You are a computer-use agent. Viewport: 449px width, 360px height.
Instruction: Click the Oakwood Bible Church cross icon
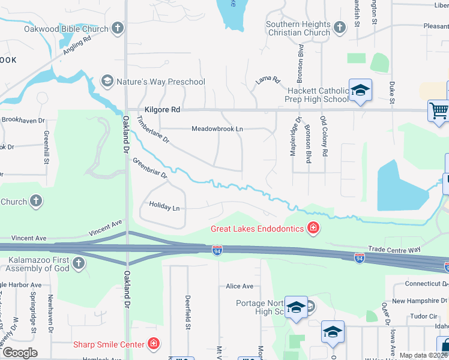pos(117,28)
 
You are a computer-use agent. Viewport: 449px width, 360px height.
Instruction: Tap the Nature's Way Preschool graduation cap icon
pos(107,81)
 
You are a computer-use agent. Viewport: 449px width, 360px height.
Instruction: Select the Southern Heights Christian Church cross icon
pos(340,28)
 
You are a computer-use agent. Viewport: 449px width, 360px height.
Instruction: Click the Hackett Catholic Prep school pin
pos(360,91)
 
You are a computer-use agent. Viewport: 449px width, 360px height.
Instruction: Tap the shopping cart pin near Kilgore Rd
pos(439,111)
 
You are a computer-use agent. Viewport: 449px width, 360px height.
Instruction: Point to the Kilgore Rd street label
pos(163,110)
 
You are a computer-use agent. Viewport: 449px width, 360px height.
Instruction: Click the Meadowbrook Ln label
pos(217,128)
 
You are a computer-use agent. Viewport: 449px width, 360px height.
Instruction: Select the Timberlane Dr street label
pos(154,131)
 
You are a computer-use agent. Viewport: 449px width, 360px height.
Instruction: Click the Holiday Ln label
pos(164,208)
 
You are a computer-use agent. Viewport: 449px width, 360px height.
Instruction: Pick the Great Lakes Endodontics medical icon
pos(312,227)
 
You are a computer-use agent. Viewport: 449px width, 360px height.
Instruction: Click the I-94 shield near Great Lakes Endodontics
pos(217,249)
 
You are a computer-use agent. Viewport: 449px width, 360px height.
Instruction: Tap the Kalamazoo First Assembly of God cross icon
pos(78,263)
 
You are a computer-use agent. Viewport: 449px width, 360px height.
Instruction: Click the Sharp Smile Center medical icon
pos(154,344)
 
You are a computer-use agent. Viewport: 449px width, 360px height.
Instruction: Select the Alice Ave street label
pos(240,286)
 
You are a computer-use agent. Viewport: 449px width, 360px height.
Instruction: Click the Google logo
pos(20,353)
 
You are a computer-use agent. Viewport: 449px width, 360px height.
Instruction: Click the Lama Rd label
pos(268,79)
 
